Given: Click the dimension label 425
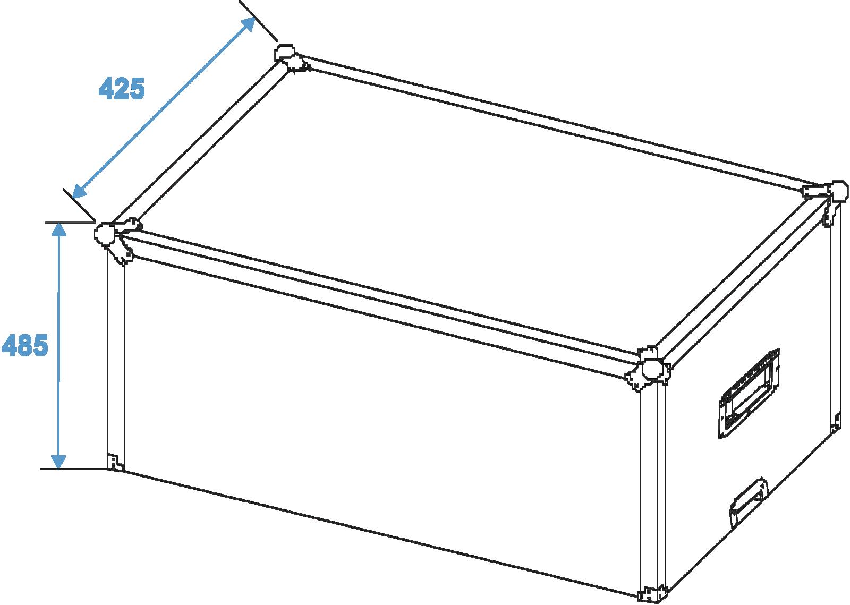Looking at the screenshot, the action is (122, 89).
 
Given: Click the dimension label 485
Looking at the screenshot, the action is (24, 345).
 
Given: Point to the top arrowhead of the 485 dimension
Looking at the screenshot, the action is (58, 229).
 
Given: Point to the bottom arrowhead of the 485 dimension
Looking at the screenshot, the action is (58, 462).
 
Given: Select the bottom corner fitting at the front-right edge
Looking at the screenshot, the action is (651, 595).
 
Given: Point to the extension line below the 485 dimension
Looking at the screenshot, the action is (74, 469).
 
